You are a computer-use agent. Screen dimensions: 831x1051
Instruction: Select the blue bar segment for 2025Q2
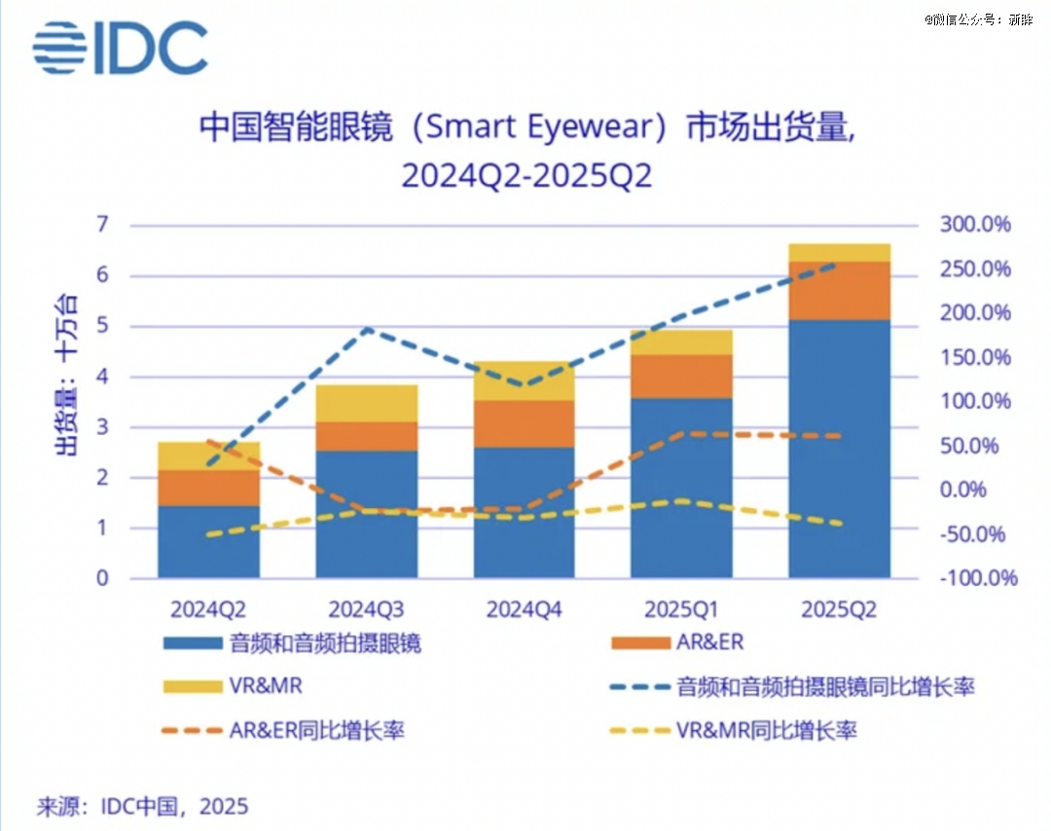click(x=839, y=448)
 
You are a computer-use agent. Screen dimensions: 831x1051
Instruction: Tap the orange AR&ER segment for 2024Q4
click(x=524, y=423)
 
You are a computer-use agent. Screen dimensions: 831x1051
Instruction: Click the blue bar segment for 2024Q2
click(x=208, y=541)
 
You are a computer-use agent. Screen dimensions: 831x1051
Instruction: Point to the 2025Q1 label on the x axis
click(x=681, y=610)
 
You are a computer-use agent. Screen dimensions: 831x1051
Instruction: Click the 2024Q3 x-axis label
click(x=366, y=610)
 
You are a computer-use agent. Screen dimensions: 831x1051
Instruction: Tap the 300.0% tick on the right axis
click(x=975, y=226)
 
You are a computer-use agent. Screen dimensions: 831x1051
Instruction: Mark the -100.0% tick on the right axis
click(x=975, y=579)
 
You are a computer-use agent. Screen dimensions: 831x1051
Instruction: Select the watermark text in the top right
click(x=977, y=19)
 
